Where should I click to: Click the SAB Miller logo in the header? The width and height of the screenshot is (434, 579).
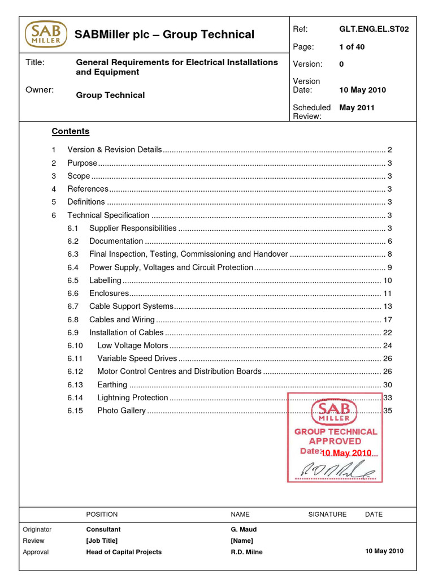tap(45, 34)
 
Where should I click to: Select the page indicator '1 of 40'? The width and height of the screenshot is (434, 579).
tap(351, 47)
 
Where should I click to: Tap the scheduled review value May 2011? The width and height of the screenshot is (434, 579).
tap(357, 107)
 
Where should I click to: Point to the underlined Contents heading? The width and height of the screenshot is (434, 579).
tap(71, 131)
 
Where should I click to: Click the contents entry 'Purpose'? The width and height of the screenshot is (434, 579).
tap(82, 163)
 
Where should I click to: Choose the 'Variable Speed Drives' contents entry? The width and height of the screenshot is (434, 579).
tap(137, 358)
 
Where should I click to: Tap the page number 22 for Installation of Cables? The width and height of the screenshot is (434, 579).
tap(387, 332)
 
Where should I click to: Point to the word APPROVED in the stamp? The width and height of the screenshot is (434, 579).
tap(335, 441)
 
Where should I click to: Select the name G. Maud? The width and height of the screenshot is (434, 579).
tap(243, 530)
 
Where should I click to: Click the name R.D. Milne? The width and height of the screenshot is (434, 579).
tap(246, 552)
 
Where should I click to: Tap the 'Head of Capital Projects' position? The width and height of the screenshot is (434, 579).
tap(124, 552)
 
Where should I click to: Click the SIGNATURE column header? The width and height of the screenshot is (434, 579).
tap(327, 515)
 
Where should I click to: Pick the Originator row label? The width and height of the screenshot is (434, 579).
tap(37, 530)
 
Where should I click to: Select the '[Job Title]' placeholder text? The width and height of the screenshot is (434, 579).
tap(102, 541)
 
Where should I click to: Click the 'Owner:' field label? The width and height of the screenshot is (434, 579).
tap(40, 89)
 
